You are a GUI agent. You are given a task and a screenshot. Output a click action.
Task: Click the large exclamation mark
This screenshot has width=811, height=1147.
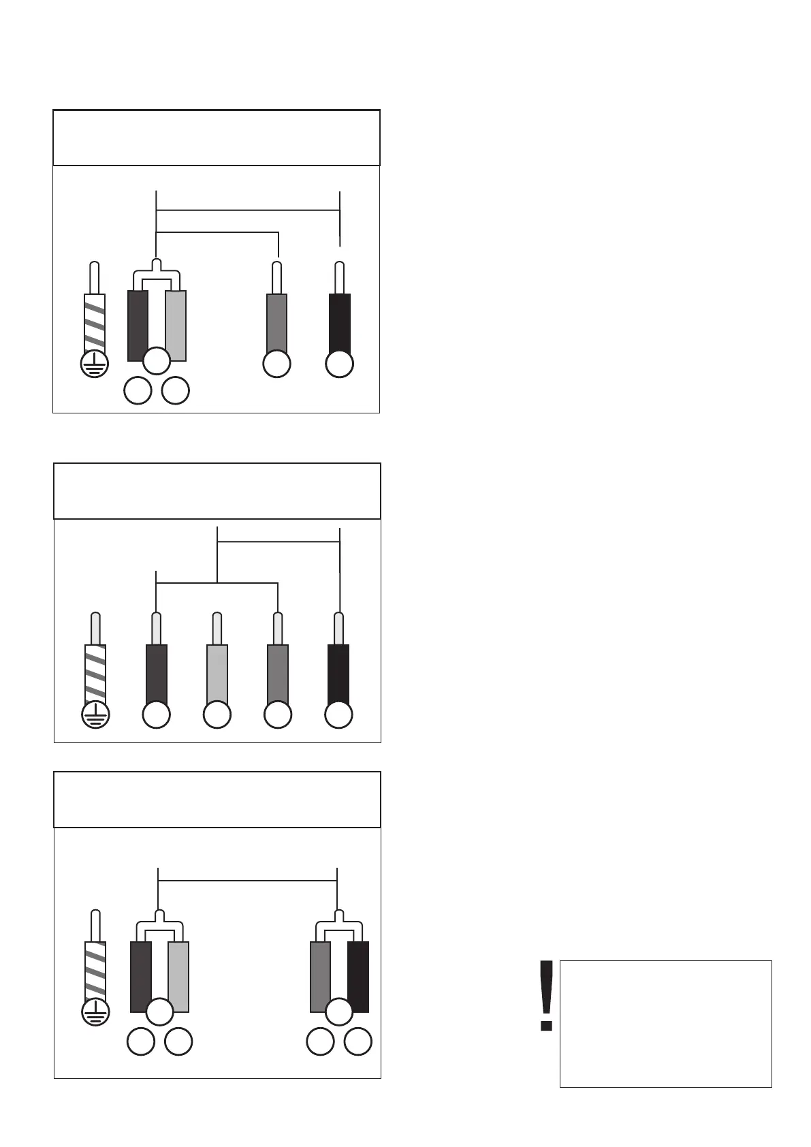tap(545, 995)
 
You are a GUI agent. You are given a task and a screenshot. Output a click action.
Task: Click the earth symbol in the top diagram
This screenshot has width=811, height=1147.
tap(95, 364)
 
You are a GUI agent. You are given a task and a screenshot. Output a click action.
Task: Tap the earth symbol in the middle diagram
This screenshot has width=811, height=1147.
tap(95, 715)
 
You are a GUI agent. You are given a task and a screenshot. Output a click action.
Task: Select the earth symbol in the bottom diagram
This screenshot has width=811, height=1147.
tap(95, 1013)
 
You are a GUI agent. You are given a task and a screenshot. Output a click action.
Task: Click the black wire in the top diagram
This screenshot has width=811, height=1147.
tap(339, 324)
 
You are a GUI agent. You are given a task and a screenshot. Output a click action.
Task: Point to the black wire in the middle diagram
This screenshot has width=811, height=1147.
tap(338, 674)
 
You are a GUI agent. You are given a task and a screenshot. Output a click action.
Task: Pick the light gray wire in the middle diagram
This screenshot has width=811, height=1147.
tap(217, 674)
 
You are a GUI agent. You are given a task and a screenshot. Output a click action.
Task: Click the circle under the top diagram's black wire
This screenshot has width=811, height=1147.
tap(339, 364)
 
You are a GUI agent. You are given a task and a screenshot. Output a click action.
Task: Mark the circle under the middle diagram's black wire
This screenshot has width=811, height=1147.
tap(338, 715)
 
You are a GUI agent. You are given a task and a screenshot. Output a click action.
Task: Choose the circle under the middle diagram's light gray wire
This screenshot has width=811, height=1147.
tap(217, 715)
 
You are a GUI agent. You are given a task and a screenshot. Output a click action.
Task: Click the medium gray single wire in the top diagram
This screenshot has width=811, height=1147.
tap(276, 324)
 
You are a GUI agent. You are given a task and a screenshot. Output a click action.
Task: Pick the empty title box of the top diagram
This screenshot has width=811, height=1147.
tap(216, 138)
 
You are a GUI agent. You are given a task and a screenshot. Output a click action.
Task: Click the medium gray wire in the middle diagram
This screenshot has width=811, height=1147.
tap(278, 674)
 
